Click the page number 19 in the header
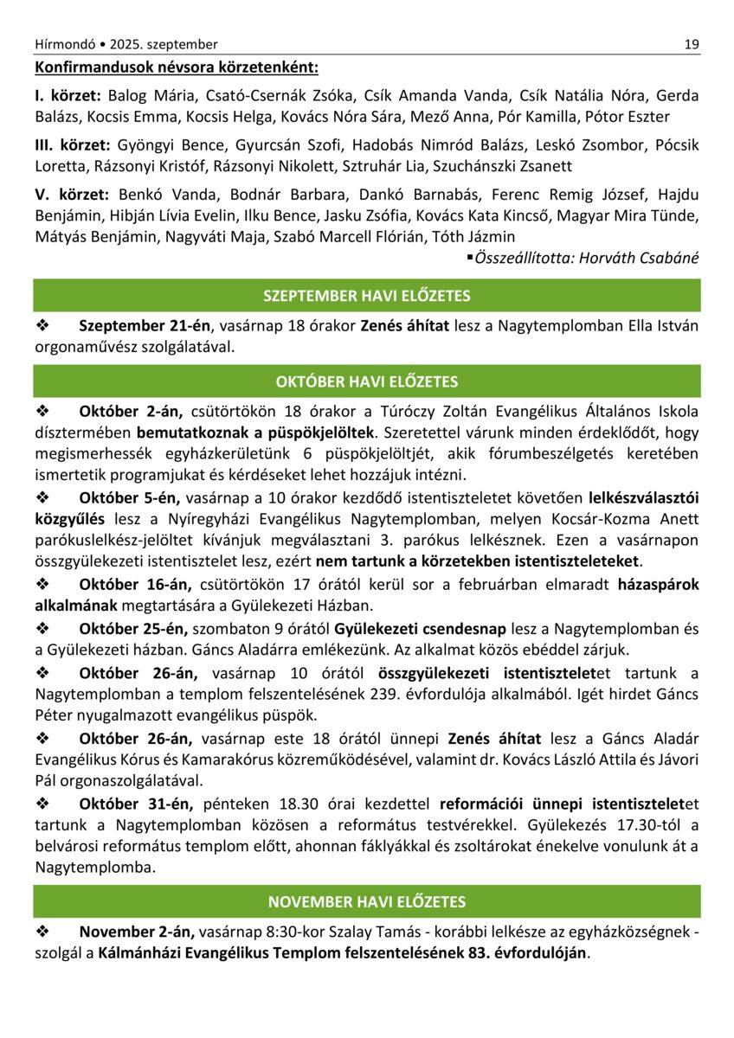point(692,44)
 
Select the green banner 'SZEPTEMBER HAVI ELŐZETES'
point(367,296)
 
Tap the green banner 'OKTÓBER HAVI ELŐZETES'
point(367,381)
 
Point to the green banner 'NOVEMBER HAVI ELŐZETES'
point(367,901)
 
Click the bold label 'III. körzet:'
point(73,144)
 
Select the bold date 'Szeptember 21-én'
point(145,326)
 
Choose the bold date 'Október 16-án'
point(134,584)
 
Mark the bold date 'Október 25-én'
point(134,628)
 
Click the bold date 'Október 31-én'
point(134,803)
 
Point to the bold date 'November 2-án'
point(137,932)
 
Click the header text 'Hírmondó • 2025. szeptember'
point(126,44)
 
